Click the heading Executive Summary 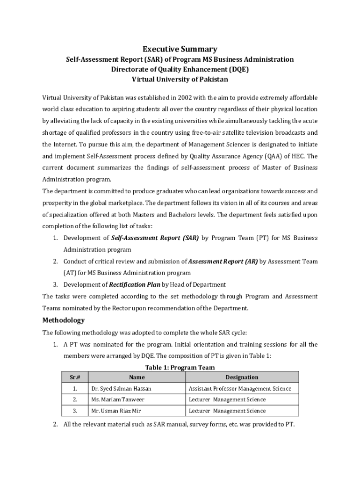(x=180, y=49)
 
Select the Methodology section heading (x=64, y=320)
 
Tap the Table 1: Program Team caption (x=180, y=368)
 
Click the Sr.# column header (x=75, y=377)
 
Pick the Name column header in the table (x=137, y=377)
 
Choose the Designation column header (x=242, y=377)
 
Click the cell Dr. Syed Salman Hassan (x=121, y=389)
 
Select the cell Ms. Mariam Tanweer (x=118, y=399)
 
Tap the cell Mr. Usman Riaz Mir (x=116, y=411)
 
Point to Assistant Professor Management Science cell (x=240, y=389)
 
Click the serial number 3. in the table (x=75, y=411)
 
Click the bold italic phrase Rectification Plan (x=134, y=284)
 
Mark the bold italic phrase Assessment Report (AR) (x=223, y=261)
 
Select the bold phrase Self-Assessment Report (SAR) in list (x=155, y=238)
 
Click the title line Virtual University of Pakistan (x=180, y=80)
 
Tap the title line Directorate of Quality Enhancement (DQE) (x=180, y=70)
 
